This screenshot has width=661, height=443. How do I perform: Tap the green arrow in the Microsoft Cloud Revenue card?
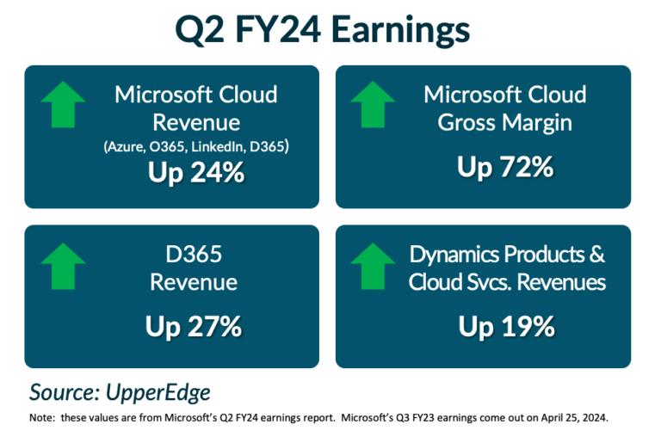click(63, 105)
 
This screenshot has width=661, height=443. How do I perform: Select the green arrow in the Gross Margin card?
click(373, 105)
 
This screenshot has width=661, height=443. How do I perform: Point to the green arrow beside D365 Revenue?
click(63, 265)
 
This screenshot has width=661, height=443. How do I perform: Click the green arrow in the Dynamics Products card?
click(373, 265)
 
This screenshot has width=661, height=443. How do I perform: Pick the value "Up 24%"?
click(195, 172)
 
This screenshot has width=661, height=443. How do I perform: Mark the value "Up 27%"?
click(195, 327)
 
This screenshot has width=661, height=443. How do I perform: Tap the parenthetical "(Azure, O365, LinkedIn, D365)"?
click(195, 147)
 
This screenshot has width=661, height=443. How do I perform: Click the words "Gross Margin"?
click(504, 123)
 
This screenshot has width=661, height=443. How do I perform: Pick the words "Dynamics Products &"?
click(507, 255)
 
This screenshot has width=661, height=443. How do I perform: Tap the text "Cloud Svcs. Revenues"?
click(507, 282)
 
